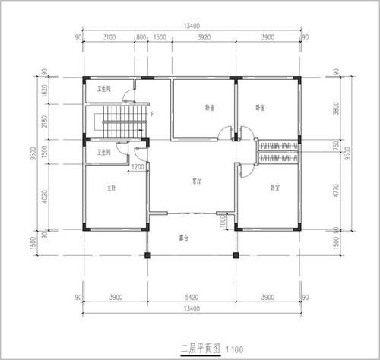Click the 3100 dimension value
109,36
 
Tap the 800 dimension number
141,36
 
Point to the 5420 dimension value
192,298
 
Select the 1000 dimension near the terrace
223,221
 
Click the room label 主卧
111,188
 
